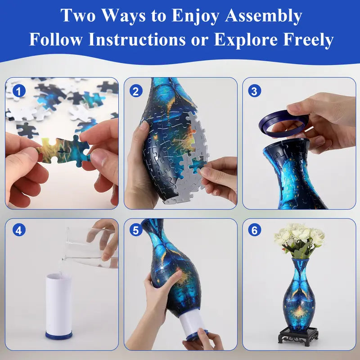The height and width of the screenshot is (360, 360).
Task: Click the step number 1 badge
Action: (18, 91)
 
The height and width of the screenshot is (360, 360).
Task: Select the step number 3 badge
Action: (255, 91)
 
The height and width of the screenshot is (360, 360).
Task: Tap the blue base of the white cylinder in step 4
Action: (58, 336)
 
